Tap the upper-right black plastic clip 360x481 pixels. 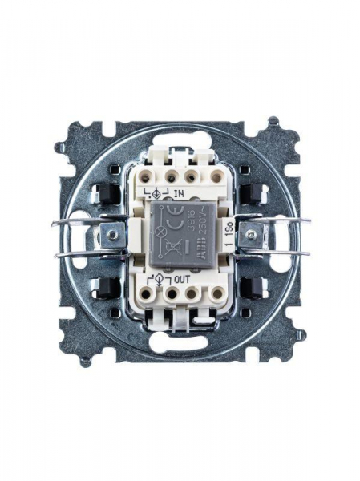[256, 193]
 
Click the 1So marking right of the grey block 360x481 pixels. [229, 238]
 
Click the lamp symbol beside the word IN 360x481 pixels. [156, 192]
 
